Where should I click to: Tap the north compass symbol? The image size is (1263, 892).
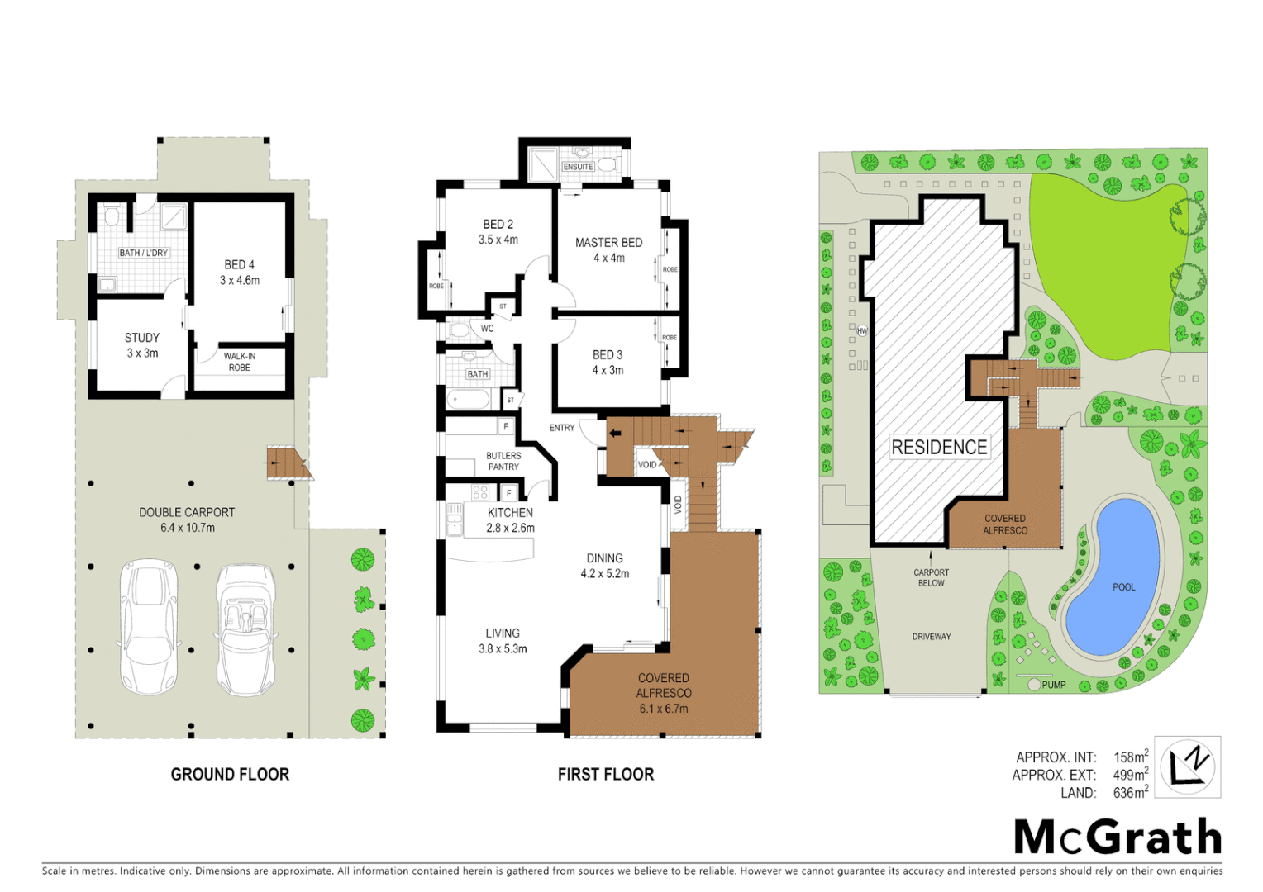coord(1187,766)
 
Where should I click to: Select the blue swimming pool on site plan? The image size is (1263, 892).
coord(1114,578)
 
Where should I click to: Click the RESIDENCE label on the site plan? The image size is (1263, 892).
coord(939,448)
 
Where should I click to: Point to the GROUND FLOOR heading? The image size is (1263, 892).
coord(230,775)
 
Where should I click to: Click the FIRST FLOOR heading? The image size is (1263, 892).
coord(606,775)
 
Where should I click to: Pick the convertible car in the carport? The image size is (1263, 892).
coord(245,629)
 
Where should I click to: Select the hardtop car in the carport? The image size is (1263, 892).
coord(150,626)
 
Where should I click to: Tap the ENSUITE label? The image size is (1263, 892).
coord(578,167)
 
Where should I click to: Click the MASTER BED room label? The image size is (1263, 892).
coord(608,243)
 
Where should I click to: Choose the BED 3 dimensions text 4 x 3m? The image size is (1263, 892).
coord(608,371)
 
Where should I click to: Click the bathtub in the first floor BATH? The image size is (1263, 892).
coord(469,401)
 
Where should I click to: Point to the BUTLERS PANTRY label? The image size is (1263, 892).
coord(503,462)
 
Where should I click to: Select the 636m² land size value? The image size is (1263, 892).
coord(1130,793)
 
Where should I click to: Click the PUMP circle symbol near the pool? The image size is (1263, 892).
coord(1034,685)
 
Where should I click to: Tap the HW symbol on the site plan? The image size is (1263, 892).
coord(862,331)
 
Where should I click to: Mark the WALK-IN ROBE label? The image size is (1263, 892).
coord(240,363)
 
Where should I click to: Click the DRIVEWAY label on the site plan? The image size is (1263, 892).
coord(932,637)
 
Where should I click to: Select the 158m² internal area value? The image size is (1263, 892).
coord(1130,757)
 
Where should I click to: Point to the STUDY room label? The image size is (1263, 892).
coord(142,338)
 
